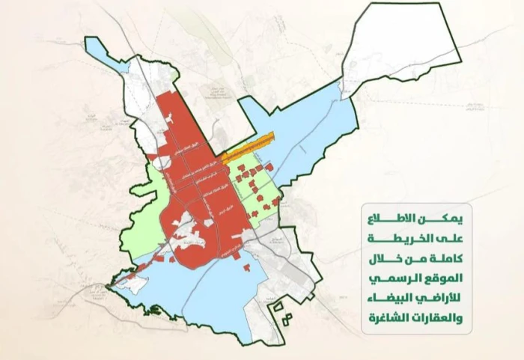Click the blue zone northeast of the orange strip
(x=314, y=127)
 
